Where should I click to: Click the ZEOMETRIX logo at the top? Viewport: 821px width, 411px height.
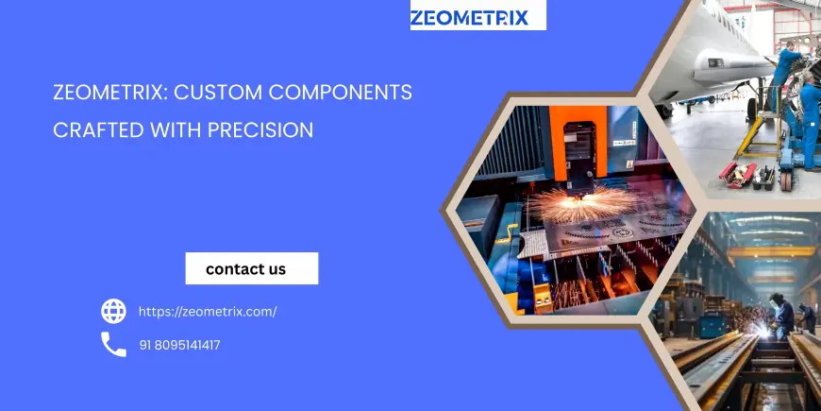(x=469, y=18)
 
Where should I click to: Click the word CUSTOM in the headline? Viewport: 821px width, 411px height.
(x=218, y=93)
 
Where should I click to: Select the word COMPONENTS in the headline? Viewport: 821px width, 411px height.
(x=341, y=93)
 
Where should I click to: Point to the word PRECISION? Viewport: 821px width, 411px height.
(x=260, y=130)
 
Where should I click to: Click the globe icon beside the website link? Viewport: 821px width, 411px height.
(x=113, y=312)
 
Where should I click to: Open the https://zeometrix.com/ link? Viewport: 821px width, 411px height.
(x=208, y=312)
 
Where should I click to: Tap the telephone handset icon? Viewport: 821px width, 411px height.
(x=113, y=345)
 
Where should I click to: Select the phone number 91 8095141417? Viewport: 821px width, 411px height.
(x=179, y=346)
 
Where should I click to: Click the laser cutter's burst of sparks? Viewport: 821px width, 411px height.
(x=582, y=203)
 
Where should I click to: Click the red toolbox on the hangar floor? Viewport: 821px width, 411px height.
(x=737, y=175)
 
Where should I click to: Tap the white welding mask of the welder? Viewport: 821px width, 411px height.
(x=773, y=300)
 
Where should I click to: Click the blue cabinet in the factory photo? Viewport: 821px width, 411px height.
(x=713, y=325)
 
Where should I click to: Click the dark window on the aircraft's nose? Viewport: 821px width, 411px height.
(x=715, y=63)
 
